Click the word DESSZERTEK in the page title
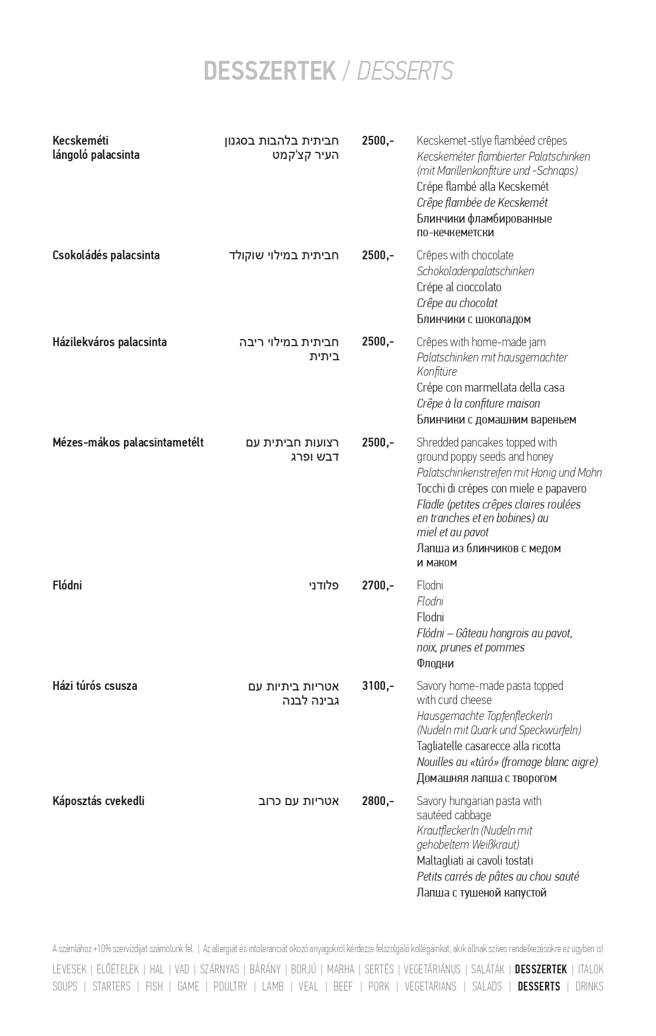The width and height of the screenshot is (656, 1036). click(269, 71)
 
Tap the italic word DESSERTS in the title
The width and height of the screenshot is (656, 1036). click(405, 71)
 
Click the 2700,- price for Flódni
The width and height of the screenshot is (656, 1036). click(377, 585)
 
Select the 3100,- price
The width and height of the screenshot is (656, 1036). click(377, 686)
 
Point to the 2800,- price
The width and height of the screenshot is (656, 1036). click(377, 801)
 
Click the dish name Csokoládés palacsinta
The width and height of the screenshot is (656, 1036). click(106, 255)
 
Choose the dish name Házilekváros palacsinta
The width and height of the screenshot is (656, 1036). click(110, 342)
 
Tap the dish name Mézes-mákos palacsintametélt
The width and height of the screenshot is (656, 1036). click(128, 442)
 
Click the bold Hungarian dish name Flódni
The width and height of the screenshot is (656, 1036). click(67, 585)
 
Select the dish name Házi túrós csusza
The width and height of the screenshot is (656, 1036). click(95, 686)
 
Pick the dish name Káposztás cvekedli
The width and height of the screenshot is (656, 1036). click(99, 801)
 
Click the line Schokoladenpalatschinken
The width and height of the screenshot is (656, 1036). click(475, 271)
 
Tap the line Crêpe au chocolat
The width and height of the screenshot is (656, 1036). click(457, 303)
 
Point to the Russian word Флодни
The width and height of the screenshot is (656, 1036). click(435, 663)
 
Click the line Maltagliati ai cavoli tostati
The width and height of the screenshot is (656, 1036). click(475, 861)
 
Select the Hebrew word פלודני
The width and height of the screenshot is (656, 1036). click(324, 585)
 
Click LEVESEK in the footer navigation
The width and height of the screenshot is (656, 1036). click(69, 969)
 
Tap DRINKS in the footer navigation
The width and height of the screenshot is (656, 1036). click(589, 986)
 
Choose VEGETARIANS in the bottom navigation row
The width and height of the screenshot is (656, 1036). click(430, 986)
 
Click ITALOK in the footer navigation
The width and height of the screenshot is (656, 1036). click(590, 969)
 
